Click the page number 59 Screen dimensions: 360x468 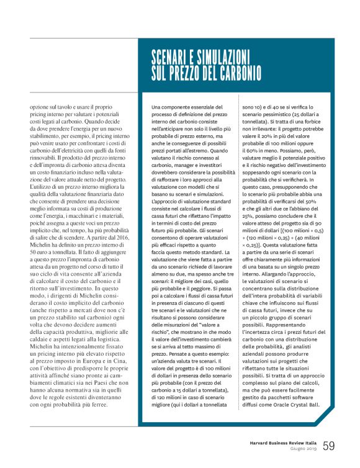(329, 445)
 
